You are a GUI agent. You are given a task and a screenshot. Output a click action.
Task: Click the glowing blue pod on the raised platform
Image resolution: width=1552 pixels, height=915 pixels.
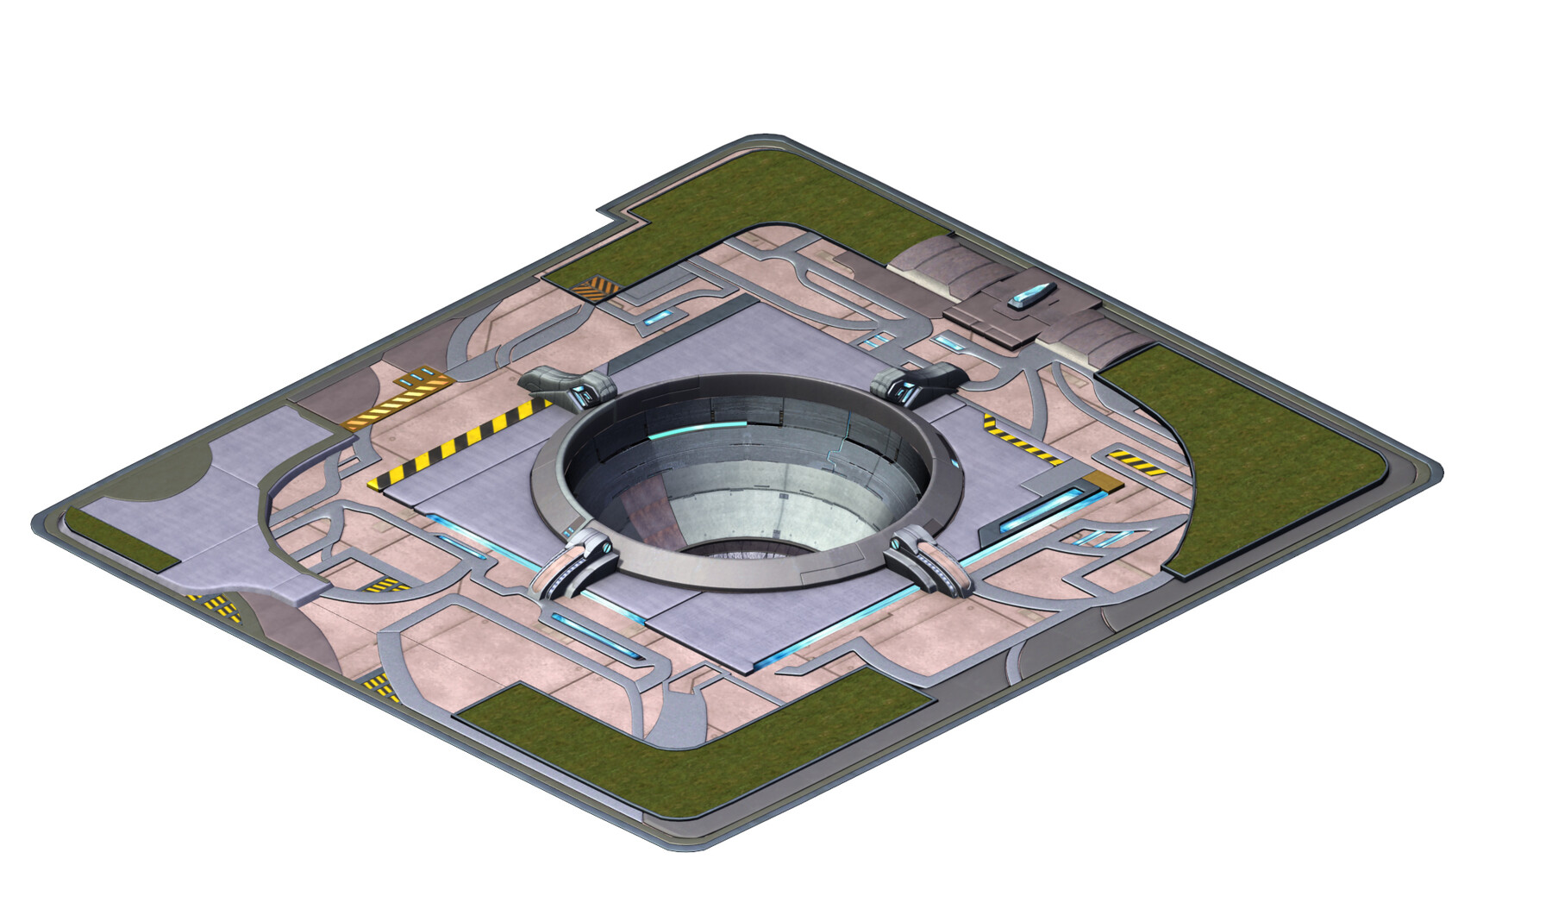(x=1032, y=296)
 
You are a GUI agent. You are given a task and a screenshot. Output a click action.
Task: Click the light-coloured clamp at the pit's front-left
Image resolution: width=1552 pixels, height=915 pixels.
(x=575, y=562)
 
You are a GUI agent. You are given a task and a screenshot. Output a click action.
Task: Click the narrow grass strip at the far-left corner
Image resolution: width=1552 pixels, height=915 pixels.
(x=121, y=539)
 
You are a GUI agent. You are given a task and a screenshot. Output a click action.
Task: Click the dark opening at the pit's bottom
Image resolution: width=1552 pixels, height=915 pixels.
(x=742, y=545)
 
